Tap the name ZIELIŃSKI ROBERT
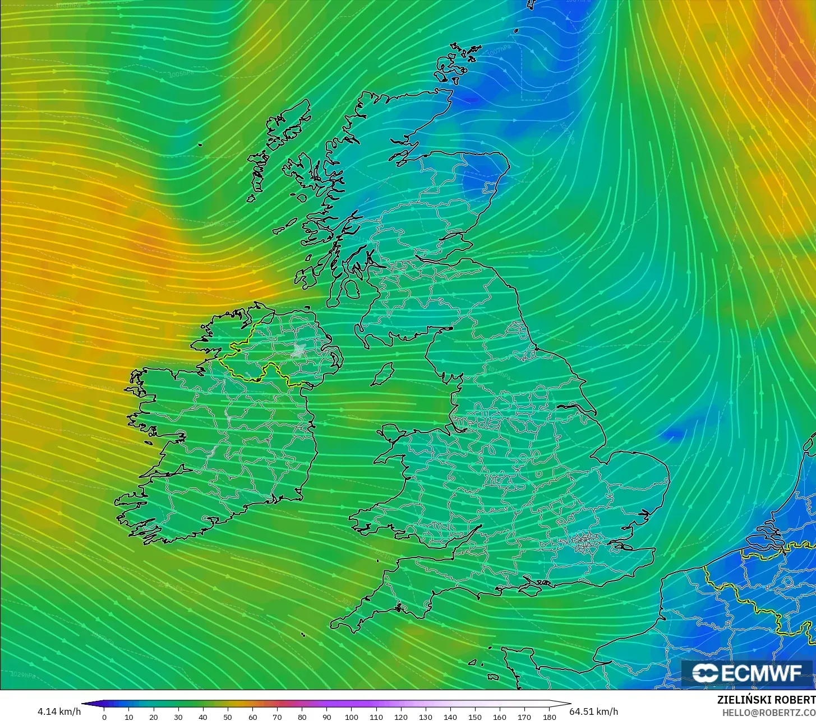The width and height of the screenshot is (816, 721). (766, 700)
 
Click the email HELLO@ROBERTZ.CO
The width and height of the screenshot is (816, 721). (768, 712)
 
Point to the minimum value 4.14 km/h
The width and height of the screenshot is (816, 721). (59, 711)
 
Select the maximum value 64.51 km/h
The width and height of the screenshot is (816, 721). (594, 711)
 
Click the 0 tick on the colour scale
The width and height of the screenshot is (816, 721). (104, 717)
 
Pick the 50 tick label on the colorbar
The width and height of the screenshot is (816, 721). (228, 717)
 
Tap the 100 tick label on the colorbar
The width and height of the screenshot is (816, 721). (352, 717)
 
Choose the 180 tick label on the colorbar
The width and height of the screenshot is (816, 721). (550, 717)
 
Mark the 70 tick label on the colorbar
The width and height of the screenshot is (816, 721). (277, 717)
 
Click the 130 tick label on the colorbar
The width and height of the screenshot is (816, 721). (426, 717)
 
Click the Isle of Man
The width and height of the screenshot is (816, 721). (383, 374)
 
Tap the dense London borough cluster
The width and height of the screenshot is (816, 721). (586, 541)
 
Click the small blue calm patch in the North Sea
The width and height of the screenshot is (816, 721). (671, 434)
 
